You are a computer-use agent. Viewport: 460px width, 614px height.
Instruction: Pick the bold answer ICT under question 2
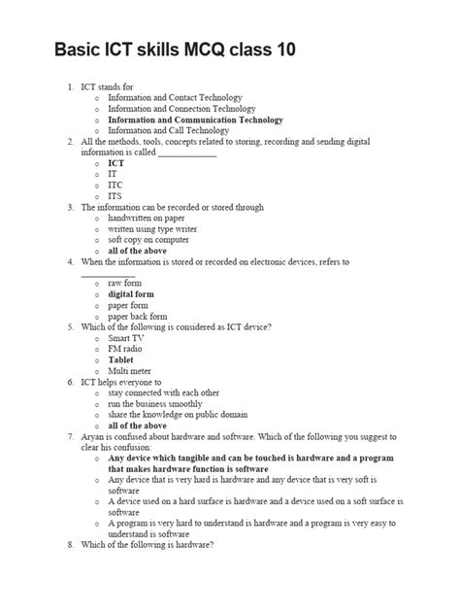(x=115, y=163)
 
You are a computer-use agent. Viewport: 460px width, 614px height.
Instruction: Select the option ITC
(x=115, y=185)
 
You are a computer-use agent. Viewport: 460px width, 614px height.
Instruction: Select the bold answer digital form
(x=131, y=293)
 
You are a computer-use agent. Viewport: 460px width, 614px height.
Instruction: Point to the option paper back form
(x=138, y=316)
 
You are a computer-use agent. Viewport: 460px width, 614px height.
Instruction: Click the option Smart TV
(x=128, y=337)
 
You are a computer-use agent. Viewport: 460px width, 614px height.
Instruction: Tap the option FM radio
(x=127, y=348)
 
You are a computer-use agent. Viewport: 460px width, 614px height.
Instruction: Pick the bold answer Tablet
(x=121, y=359)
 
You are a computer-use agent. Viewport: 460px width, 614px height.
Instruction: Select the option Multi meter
(x=131, y=370)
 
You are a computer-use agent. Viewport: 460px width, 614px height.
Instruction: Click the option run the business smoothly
(x=155, y=403)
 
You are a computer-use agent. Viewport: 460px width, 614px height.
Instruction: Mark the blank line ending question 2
(x=186, y=153)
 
